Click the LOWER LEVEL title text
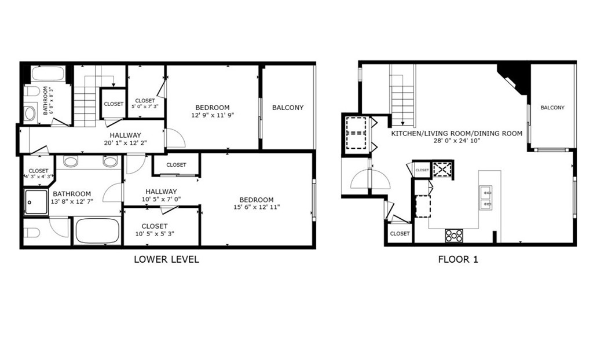click(166, 259)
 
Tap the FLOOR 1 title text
click(457, 259)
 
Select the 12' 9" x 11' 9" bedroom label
click(212, 115)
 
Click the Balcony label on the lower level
click(287, 108)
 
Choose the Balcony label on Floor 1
click(552, 108)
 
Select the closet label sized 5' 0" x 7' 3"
click(144, 107)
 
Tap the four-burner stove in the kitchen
click(454, 236)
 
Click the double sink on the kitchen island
click(485, 197)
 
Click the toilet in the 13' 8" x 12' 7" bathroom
click(32, 233)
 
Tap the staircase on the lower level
click(85, 105)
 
